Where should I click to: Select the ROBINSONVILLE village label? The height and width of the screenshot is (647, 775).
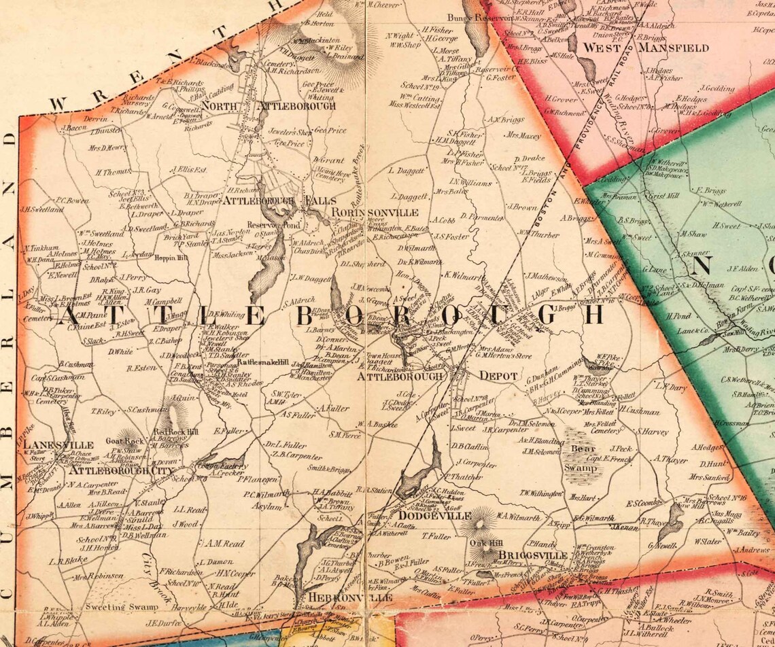[x=380, y=213]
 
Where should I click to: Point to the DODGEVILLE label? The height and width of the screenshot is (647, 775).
[x=435, y=517]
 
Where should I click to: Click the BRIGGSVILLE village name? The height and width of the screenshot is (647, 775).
[x=533, y=555]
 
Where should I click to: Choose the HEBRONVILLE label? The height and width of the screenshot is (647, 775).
[x=350, y=597]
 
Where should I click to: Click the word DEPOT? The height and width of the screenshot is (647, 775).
[x=499, y=376]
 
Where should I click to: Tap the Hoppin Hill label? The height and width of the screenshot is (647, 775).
[x=173, y=258]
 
